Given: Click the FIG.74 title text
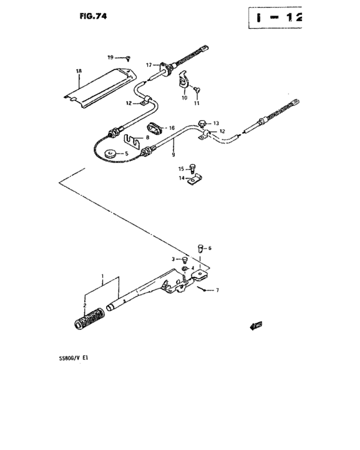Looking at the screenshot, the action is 93,16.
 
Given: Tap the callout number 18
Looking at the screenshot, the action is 79,71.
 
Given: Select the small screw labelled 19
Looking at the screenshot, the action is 128,59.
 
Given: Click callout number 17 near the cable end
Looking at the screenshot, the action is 148,65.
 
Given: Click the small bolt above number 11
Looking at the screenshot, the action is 197,90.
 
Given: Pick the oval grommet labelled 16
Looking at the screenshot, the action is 155,128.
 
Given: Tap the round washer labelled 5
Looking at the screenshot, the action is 110,154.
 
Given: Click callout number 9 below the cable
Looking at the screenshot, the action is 174,155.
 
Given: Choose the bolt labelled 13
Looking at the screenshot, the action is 203,124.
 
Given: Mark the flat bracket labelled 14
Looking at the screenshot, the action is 195,179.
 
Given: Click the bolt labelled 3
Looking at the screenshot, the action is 184,260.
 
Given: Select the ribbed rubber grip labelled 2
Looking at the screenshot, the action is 89,319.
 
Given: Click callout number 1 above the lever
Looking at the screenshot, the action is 102,276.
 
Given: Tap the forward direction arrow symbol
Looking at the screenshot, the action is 256,326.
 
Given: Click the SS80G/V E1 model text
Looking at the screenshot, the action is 73,357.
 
